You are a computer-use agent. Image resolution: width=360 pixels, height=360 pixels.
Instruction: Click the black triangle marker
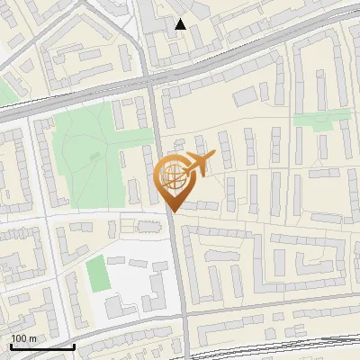pos(181,24)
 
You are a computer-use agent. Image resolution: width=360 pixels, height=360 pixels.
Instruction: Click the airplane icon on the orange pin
pos(200,164)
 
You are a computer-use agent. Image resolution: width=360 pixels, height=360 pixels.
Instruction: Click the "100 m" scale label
pos(23,338)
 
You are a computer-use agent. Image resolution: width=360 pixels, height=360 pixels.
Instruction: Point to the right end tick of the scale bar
pos(74,346)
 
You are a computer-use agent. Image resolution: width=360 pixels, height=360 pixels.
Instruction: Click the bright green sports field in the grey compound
pos(96,274)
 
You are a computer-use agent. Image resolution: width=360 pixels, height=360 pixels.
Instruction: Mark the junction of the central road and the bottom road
pos(184,328)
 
